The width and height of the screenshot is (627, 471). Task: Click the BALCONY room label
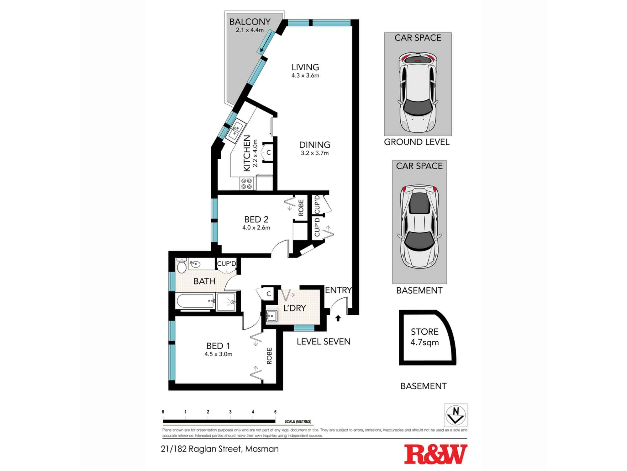[x=250, y=22]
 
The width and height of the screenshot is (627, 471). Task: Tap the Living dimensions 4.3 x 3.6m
[x=305, y=75]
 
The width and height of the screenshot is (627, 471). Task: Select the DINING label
[x=314, y=145]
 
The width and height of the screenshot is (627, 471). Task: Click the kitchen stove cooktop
[x=246, y=184]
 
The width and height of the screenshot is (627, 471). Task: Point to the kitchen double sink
[x=235, y=131]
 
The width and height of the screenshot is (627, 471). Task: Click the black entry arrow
[x=338, y=318]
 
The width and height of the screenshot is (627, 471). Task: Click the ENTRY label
[x=338, y=290]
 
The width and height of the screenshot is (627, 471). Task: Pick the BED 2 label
[x=256, y=219]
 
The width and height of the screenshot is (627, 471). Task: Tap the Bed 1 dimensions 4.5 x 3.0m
[x=218, y=354]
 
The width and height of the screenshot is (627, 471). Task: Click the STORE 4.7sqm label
[x=424, y=337]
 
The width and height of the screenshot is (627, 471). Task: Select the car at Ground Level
[x=418, y=93]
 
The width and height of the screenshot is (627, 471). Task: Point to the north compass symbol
[x=456, y=415]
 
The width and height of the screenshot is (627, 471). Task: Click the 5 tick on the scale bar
[x=275, y=412]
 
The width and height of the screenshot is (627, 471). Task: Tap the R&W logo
[x=435, y=454]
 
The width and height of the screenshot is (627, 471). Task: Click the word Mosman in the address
[x=262, y=449]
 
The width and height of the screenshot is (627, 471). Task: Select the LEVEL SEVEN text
[x=323, y=341]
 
